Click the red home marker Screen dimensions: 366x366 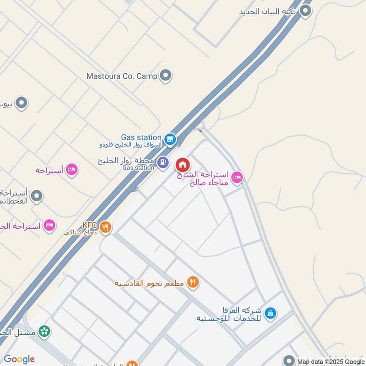183,164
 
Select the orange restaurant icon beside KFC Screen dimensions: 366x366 106,226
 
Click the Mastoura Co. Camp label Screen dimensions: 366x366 122,76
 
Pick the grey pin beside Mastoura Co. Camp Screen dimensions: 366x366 166,75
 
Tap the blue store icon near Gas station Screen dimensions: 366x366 170,139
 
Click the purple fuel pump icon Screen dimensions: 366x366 163,162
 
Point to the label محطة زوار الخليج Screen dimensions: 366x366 126,161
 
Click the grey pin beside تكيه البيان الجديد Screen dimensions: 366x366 305,11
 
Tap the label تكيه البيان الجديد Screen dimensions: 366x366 268,11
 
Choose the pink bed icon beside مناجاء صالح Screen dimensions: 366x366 237,177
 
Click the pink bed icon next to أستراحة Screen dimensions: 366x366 71,170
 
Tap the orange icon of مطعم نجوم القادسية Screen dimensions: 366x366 193,283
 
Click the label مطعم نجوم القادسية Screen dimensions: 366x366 149,283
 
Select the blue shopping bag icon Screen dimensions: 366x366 271,313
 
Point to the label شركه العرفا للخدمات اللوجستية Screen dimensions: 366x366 228,314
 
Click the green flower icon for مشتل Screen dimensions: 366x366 44,331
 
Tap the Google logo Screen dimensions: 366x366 19,359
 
